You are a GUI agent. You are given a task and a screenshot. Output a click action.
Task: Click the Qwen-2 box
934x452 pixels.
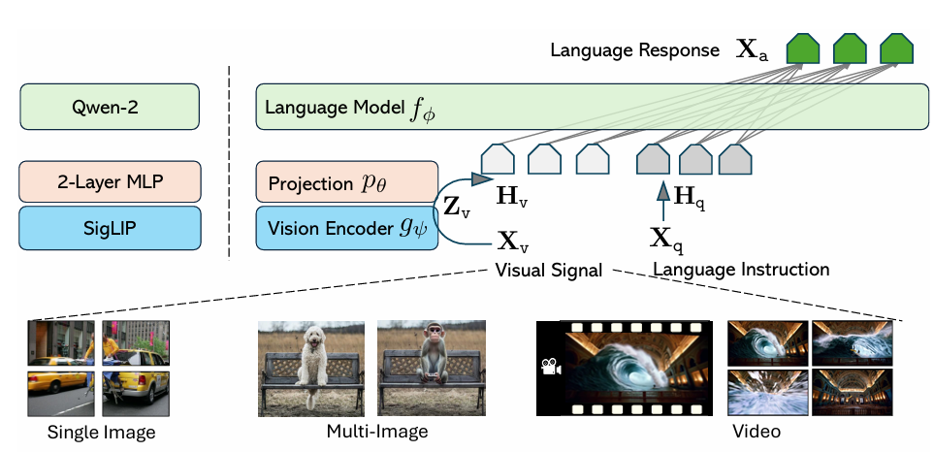click(110, 106)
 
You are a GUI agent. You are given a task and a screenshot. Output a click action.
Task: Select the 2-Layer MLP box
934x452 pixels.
click(110, 181)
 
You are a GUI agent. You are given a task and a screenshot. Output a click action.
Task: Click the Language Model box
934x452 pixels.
click(592, 106)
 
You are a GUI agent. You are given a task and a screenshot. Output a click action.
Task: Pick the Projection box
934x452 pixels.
click(346, 183)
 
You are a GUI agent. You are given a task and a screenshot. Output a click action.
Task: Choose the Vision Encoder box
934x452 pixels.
click(346, 228)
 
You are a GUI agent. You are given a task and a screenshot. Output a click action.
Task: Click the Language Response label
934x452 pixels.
click(634, 49)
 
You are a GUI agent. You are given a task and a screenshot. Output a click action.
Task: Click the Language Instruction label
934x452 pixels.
click(741, 269)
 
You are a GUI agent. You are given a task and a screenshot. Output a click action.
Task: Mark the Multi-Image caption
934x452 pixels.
click(377, 431)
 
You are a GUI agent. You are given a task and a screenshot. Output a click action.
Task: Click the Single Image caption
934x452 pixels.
click(101, 432)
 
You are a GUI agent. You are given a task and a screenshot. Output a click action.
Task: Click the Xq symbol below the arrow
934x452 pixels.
click(662, 236)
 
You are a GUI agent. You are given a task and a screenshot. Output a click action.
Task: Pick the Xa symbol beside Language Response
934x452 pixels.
click(753, 50)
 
